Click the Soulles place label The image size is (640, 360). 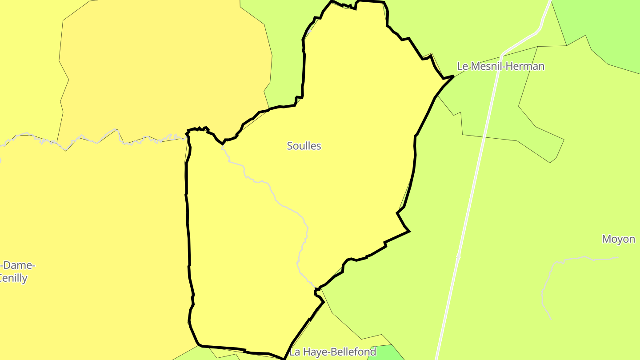coord(304,146)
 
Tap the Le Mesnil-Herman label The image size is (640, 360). coord(500,67)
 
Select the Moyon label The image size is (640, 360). coord(618,239)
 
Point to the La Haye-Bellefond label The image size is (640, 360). coord(333,352)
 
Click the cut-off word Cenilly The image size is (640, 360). coord(13,279)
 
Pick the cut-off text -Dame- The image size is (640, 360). coord(18,266)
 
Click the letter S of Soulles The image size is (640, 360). coord(290,146)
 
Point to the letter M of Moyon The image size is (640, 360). coord(606,239)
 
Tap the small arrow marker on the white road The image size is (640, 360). coord(458,256)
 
